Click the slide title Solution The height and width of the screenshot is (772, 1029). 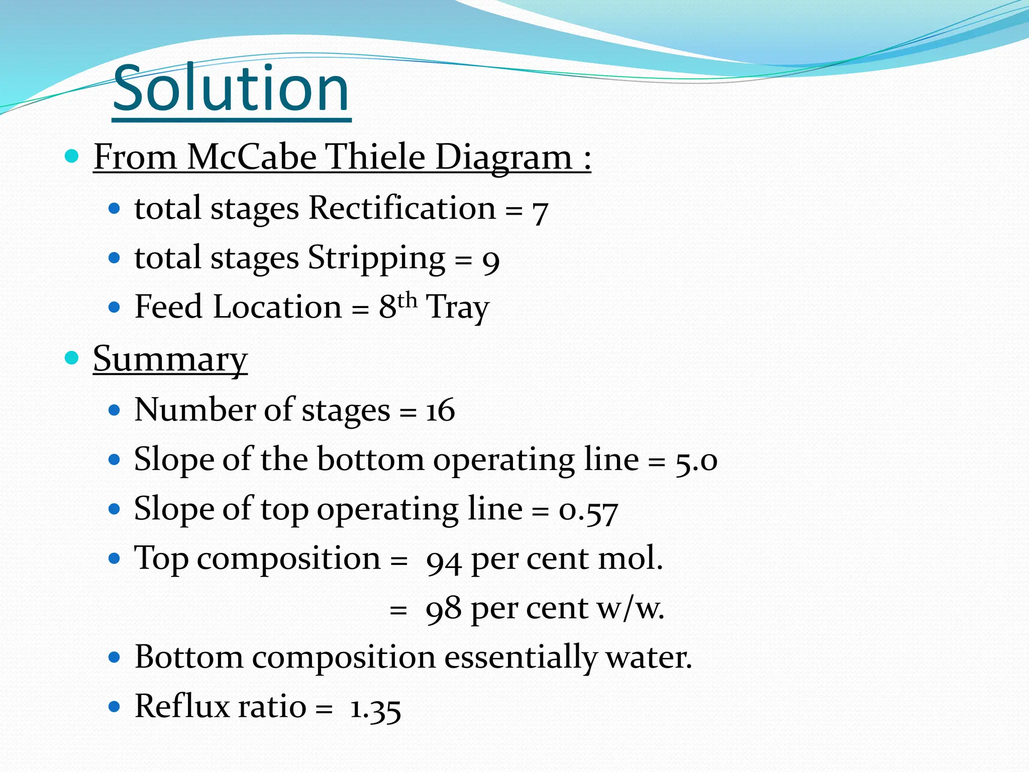(231, 89)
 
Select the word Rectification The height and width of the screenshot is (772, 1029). (402, 208)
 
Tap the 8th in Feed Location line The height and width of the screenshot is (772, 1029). (397, 306)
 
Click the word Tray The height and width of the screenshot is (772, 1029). (457, 308)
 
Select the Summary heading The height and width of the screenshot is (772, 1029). (170, 359)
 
